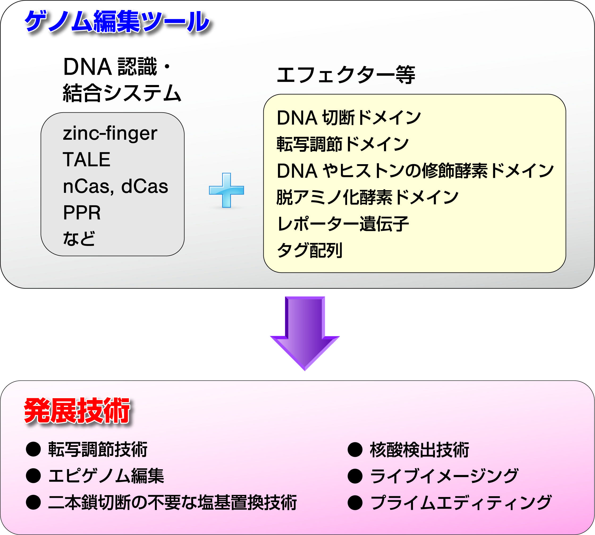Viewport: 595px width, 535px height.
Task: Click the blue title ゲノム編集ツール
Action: (x=117, y=21)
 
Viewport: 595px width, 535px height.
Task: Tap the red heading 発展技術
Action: (x=77, y=411)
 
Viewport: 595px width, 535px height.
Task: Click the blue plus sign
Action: (x=226, y=190)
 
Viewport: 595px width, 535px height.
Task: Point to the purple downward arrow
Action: (x=305, y=333)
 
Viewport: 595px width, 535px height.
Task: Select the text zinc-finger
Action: (x=110, y=133)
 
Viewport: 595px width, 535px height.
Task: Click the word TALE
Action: (x=86, y=159)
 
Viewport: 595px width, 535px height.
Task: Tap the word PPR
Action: (x=82, y=213)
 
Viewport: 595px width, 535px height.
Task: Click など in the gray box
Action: (x=79, y=238)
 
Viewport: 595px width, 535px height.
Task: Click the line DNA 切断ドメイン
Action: (x=349, y=118)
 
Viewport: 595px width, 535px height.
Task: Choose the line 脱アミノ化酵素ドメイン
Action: (x=367, y=197)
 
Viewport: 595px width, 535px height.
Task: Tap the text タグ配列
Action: (x=310, y=250)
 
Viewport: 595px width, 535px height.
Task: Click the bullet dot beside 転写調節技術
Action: (x=33, y=449)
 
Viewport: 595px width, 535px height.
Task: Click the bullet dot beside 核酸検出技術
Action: (x=355, y=449)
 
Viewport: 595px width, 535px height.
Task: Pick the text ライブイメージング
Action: (x=444, y=476)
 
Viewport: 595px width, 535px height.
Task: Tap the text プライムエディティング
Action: (x=461, y=502)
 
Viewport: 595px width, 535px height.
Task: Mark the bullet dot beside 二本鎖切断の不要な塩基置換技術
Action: (x=33, y=502)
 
